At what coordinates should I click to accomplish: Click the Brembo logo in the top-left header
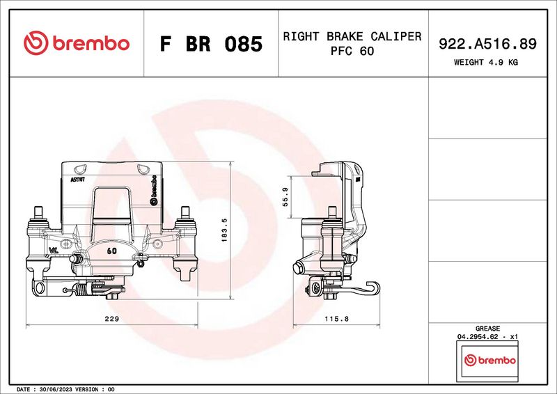[x=77, y=43]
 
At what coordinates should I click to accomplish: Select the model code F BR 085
[x=211, y=44]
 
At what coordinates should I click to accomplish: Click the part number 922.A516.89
[x=487, y=44]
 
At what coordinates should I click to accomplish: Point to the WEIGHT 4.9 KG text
[x=485, y=62]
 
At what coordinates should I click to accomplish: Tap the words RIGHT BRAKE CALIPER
[x=352, y=36]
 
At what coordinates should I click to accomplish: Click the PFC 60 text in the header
[x=352, y=51]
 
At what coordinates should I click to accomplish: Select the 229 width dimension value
[x=111, y=319]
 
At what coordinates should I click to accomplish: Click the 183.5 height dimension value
[x=224, y=230]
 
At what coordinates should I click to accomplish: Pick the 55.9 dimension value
[x=285, y=197]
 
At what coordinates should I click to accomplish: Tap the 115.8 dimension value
[x=336, y=319]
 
